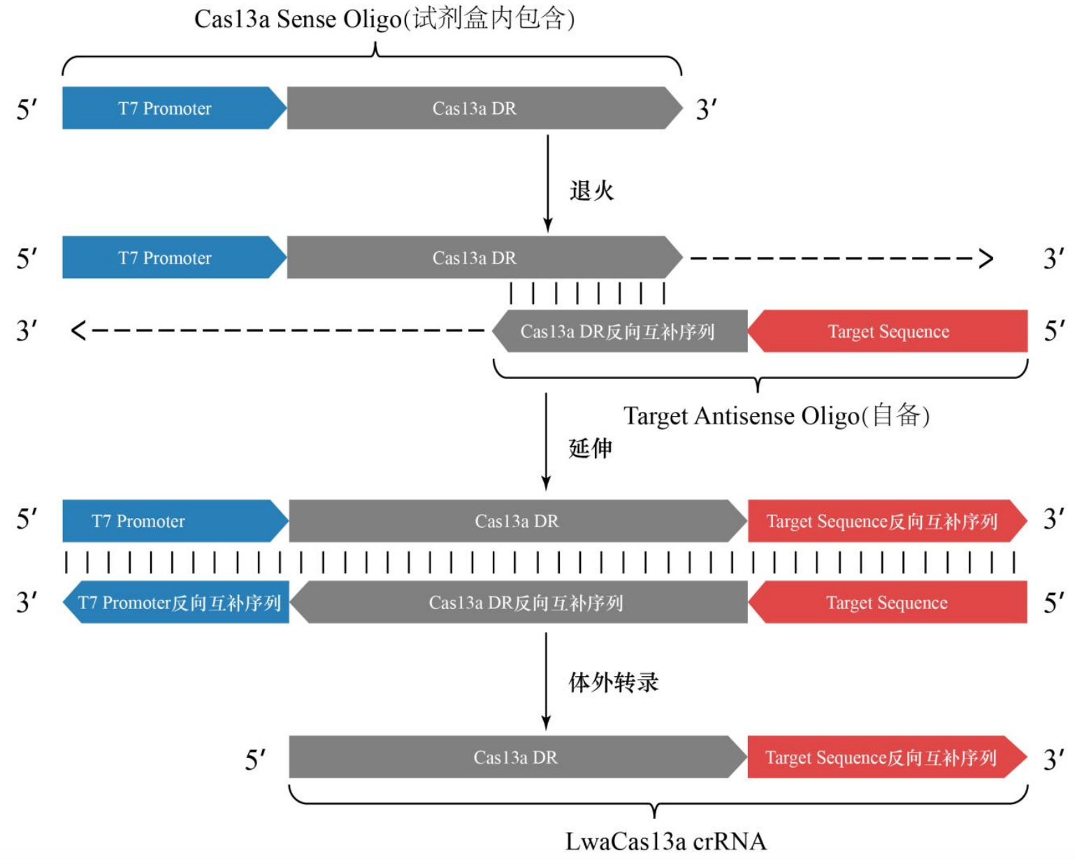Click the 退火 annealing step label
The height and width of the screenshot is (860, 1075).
point(592,190)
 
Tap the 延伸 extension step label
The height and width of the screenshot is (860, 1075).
point(591,447)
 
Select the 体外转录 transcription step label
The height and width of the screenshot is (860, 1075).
point(614,682)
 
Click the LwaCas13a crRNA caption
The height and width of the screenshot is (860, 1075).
point(665,842)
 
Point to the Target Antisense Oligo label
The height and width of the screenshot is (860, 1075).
point(777,416)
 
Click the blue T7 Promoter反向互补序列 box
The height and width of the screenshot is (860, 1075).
point(176,602)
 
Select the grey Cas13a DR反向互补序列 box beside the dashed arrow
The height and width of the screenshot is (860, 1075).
point(619,331)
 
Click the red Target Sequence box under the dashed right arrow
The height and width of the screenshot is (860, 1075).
point(888,331)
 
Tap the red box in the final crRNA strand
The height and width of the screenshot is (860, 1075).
point(888,757)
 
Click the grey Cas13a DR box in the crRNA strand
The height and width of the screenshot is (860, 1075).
point(518,757)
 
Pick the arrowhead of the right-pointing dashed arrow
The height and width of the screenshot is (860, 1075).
point(986,259)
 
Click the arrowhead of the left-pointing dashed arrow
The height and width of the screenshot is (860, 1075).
point(78,331)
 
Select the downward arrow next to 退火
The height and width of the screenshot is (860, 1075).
point(548,183)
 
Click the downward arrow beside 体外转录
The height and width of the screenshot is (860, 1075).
point(546,682)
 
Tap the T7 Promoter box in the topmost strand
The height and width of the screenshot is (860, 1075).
point(175,108)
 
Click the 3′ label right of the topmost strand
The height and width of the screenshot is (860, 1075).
point(706,110)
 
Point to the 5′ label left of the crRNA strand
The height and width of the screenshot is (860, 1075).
point(255,759)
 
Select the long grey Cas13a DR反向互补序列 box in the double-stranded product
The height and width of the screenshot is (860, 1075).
point(519,602)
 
